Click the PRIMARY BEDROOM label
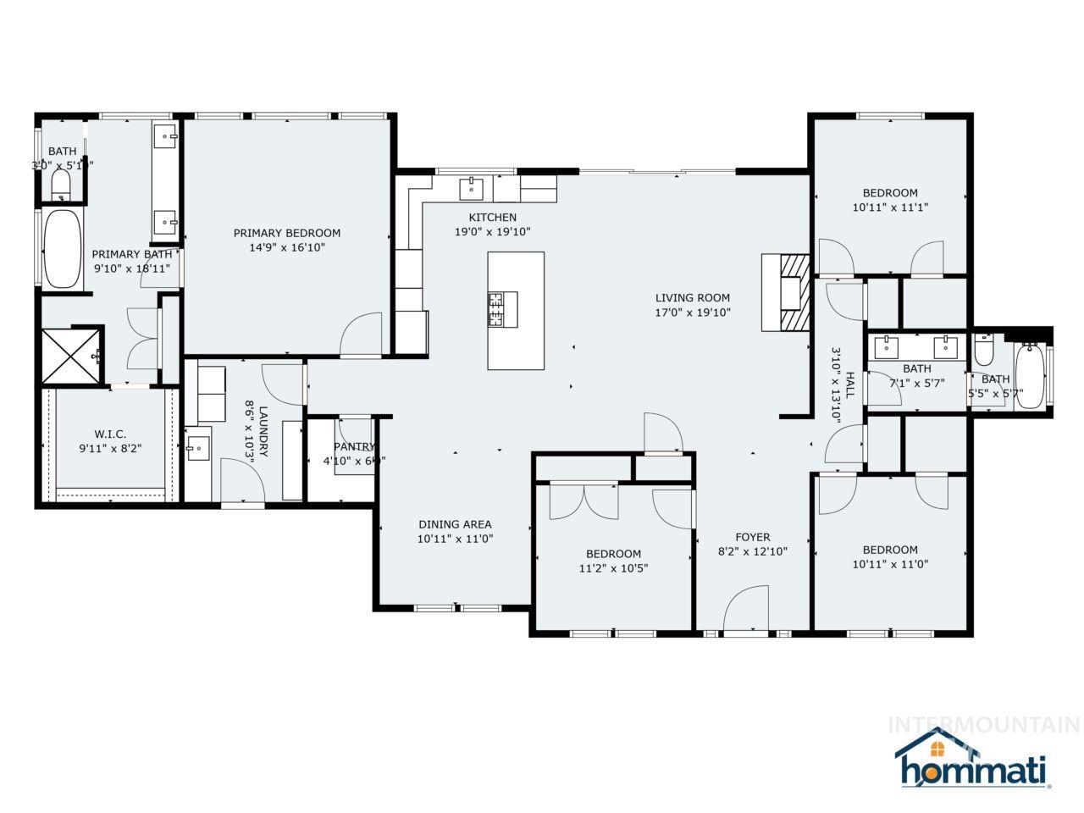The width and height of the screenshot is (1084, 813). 287,233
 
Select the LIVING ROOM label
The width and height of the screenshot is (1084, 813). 692,297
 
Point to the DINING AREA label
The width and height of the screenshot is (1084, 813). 455,524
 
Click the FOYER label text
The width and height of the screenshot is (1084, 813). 752,537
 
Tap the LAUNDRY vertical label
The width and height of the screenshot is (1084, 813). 263,432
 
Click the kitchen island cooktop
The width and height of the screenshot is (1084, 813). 502,309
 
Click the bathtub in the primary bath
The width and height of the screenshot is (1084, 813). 62,249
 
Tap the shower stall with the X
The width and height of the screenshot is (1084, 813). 69,355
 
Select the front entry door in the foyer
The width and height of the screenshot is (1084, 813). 745,610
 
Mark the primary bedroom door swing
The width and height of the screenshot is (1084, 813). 362,335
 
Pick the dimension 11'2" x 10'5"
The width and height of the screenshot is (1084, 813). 614,568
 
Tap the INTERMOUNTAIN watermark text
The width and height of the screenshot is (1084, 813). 982,725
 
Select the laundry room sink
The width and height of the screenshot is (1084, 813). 198,448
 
